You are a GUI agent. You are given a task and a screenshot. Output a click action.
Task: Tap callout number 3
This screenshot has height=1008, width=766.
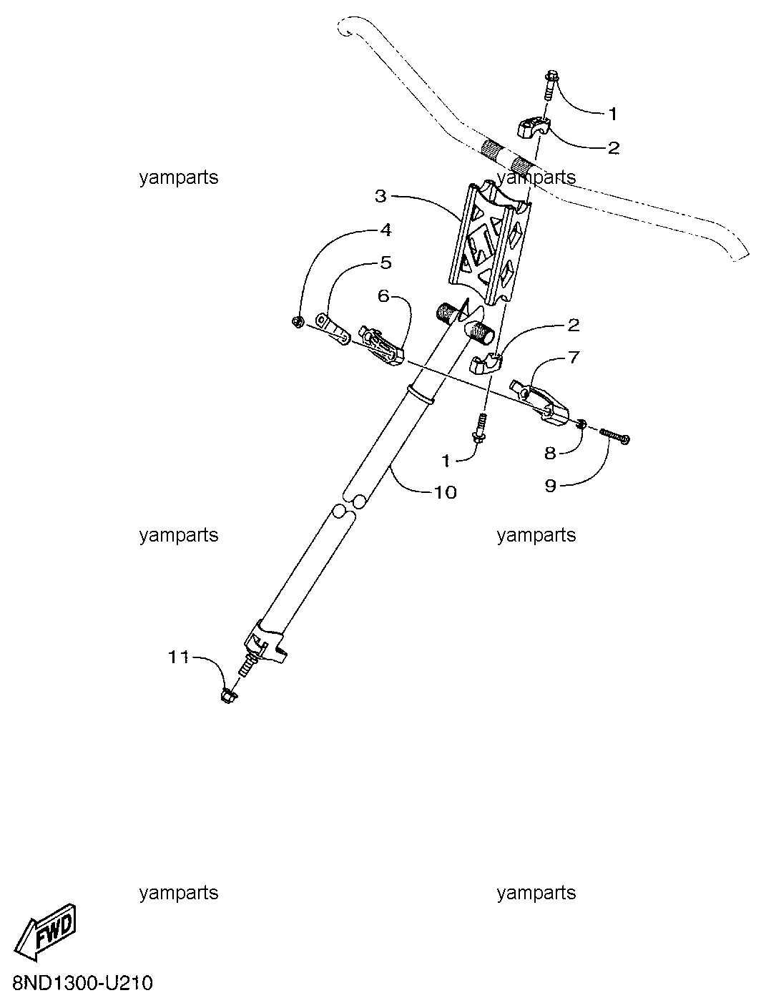pyautogui.click(x=381, y=197)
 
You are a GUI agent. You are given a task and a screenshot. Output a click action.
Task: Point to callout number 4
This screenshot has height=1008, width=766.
pyautogui.click(x=386, y=230)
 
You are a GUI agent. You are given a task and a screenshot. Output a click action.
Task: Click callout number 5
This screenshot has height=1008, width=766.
pyautogui.click(x=386, y=263)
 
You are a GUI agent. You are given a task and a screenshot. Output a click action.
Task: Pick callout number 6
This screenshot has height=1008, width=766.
pyautogui.click(x=383, y=296)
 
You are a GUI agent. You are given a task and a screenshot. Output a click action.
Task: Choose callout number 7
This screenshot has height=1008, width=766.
pyautogui.click(x=574, y=357)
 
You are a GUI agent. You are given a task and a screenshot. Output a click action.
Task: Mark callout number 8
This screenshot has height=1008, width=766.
pyautogui.click(x=550, y=453)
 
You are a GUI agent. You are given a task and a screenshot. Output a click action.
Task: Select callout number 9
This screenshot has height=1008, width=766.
pyautogui.click(x=551, y=486)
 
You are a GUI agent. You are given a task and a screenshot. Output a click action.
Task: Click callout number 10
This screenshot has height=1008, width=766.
pyautogui.click(x=445, y=492)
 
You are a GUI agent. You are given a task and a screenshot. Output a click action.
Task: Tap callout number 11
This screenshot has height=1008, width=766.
pyautogui.click(x=179, y=657)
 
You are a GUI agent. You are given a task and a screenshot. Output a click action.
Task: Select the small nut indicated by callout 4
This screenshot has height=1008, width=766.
pyautogui.click(x=298, y=323)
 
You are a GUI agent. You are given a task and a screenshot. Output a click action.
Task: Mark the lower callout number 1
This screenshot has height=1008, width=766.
pyautogui.click(x=445, y=461)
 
